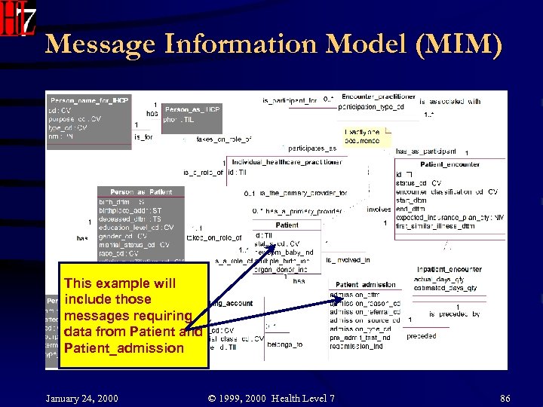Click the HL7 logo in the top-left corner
tap(18, 19)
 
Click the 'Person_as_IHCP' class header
tap(192, 109)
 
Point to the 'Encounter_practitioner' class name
tap(378, 96)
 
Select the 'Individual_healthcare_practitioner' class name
tap(287, 162)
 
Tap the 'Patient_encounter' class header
tap(449, 164)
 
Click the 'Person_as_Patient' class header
tap(140, 192)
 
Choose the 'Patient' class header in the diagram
tap(287, 225)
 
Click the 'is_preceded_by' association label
tap(455, 314)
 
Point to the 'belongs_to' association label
tap(285, 344)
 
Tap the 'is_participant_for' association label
tap(289, 100)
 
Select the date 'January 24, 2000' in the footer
tap(82, 396)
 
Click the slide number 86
tap(505, 396)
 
